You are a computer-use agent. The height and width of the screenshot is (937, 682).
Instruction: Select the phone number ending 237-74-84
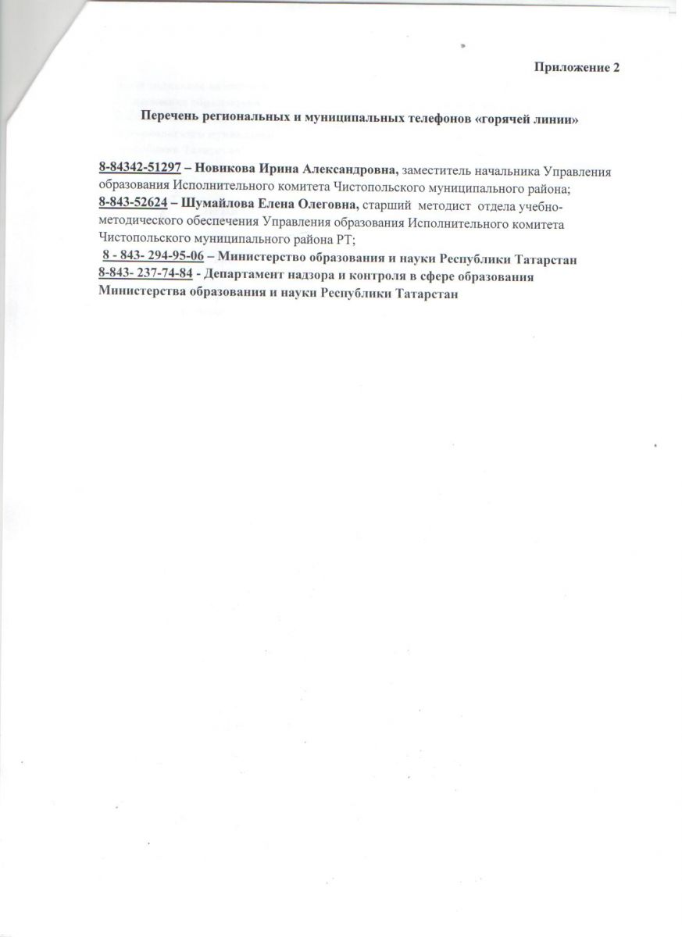point(146,276)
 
